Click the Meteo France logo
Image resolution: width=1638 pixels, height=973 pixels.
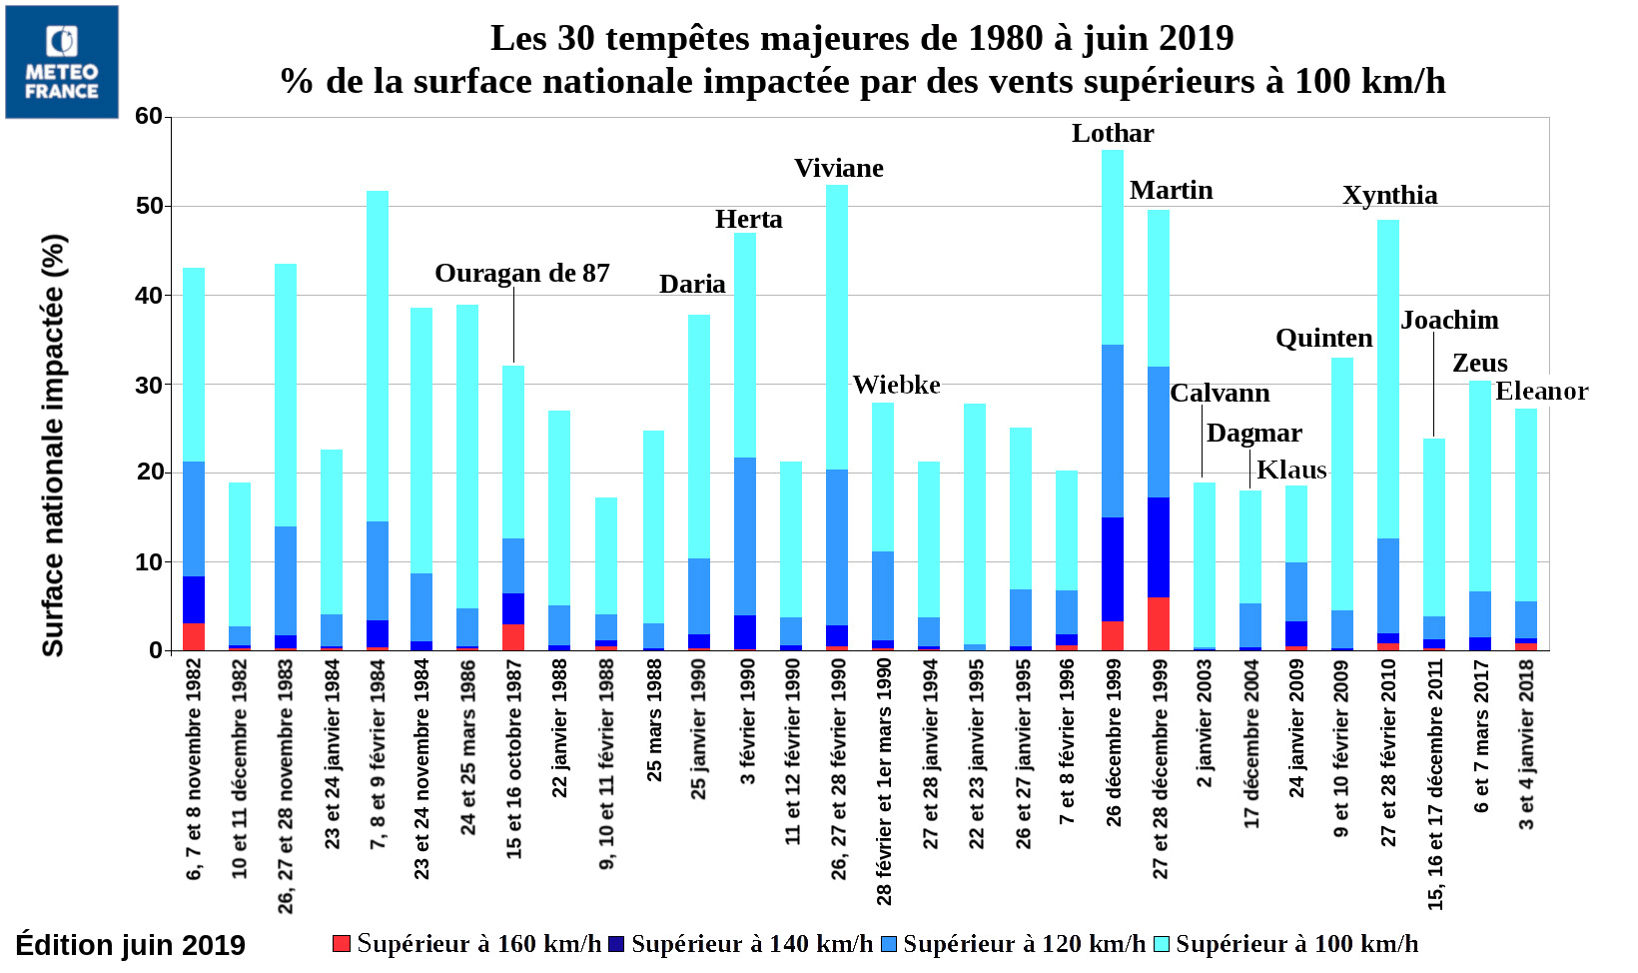[62, 62]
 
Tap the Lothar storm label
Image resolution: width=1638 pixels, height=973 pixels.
[1112, 134]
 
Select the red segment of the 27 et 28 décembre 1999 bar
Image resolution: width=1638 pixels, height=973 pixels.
[1159, 623]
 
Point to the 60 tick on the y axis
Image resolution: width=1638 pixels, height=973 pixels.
[149, 117]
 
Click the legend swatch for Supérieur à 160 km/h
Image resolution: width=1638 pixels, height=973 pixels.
[342, 943]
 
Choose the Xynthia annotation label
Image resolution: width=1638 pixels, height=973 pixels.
[1389, 196]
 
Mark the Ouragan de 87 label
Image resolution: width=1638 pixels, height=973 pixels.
[521, 274]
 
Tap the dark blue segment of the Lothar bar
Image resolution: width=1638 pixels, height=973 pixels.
[1113, 569]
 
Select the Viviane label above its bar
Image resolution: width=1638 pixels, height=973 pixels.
[838, 169]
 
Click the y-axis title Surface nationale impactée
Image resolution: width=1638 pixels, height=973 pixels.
[53, 446]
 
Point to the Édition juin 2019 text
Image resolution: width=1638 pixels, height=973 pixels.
[130, 945]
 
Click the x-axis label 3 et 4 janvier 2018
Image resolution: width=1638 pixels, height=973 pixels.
[1526, 744]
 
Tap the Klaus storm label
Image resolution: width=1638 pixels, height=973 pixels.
[1291, 471]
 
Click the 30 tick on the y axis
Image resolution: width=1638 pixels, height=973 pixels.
[149, 385]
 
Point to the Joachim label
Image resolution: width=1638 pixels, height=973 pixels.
[1449, 321]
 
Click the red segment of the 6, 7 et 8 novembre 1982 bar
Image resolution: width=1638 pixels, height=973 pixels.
[194, 636]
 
